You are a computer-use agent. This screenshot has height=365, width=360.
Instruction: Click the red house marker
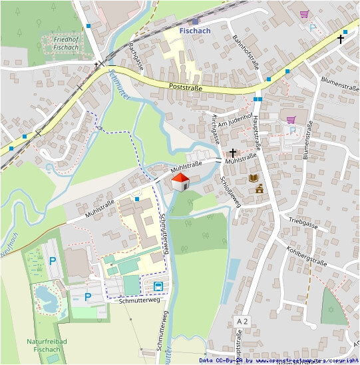click(180, 182)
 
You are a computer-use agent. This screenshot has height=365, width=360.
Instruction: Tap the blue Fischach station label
click(195, 29)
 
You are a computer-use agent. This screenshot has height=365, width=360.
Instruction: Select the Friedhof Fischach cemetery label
click(66, 43)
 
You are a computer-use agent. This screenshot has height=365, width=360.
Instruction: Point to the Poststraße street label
click(186, 87)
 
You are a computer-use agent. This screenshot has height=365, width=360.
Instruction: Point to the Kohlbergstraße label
click(307, 253)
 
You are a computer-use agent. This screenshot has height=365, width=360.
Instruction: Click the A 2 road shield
click(242, 322)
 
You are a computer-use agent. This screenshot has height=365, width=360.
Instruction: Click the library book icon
click(253, 178)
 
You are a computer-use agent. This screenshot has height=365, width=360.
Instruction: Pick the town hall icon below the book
click(258, 190)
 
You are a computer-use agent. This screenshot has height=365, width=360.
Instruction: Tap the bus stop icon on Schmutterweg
click(158, 286)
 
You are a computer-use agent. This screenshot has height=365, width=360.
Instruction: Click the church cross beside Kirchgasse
click(232, 153)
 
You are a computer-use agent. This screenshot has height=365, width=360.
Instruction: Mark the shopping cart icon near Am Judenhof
click(290, 119)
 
